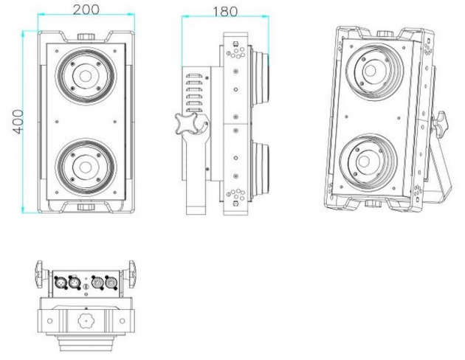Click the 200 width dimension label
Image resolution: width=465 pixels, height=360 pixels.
(x=86, y=10)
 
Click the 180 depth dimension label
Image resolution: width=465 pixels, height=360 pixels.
(x=225, y=12)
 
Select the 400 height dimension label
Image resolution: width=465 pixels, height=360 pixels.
(x=18, y=122)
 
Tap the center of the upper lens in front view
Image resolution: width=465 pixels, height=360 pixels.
(x=86, y=76)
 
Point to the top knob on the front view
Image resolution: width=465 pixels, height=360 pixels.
(x=86, y=37)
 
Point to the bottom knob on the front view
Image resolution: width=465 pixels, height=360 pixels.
(x=86, y=207)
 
